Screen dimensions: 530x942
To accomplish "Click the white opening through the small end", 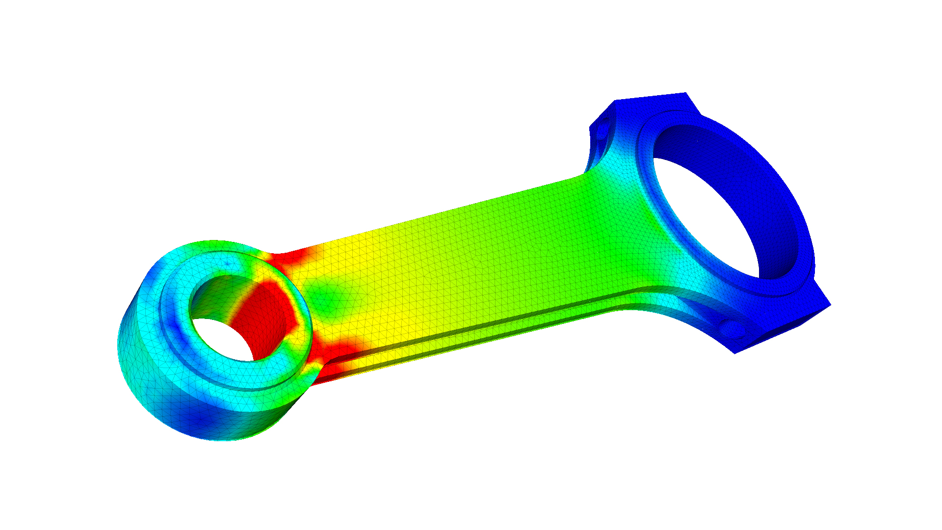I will tap(221, 339).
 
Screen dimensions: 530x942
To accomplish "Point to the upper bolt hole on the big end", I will tap(602, 129).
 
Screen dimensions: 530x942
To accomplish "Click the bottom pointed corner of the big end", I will tap(735, 353).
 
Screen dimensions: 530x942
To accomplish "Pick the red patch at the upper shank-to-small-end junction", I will tap(289, 258).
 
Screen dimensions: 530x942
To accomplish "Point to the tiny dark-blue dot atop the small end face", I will tap(227, 264).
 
